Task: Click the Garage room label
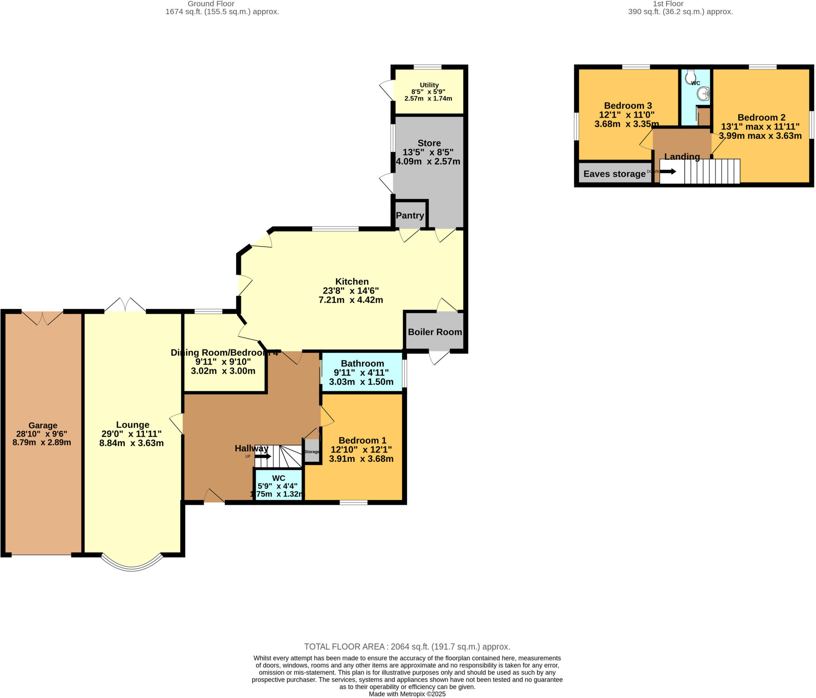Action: (43, 425)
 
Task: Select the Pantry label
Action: (410, 216)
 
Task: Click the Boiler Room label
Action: (435, 332)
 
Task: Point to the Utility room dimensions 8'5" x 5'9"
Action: (428, 92)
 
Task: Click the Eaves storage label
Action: (614, 174)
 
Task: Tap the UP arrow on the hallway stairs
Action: (263, 456)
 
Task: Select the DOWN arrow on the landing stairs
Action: (668, 171)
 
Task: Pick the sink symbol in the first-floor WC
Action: (704, 94)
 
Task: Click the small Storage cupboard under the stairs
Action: (312, 451)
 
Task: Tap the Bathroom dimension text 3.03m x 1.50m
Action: (361, 382)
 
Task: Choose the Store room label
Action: (429, 143)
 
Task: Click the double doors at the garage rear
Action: (43, 318)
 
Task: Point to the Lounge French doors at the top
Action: (125, 305)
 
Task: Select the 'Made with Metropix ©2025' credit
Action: (407, 694)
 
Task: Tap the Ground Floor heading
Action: (211, 4)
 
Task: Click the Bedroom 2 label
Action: (761, 118)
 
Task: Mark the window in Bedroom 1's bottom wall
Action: (353, 503)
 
